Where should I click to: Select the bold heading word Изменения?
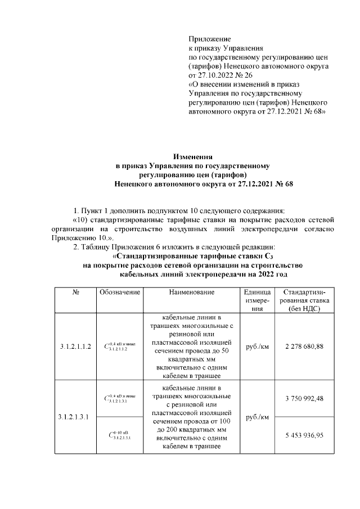[192, 157]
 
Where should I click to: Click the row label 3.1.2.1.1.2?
[75, 346]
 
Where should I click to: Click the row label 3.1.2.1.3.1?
[75, 417]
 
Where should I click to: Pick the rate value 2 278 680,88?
[304, 346]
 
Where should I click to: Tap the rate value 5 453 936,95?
[304, 434]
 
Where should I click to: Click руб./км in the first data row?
[256, 346]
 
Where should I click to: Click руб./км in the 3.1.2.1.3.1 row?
[256, 417]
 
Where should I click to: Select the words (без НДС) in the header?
[304, 309]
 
